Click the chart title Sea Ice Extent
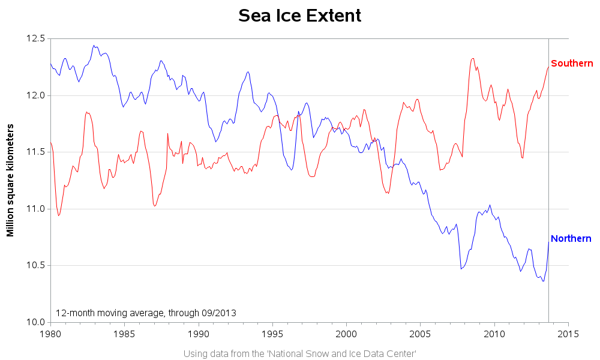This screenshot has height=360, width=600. [300, 16]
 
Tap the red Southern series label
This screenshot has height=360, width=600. [572, 64]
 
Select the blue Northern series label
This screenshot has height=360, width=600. [571, 239]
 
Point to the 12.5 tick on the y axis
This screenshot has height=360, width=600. [35, 38]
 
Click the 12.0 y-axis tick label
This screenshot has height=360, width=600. [35, 95]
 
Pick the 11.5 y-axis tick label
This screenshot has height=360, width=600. [35, 152]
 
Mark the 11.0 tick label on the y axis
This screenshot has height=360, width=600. [35, 209]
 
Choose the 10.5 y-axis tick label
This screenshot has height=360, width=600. [35, 265]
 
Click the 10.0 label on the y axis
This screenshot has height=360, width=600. [35, 322]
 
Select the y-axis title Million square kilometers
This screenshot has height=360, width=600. [11, 180]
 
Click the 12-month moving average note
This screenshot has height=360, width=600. [146, 313]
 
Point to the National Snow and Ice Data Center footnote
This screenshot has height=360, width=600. [300, 353]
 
